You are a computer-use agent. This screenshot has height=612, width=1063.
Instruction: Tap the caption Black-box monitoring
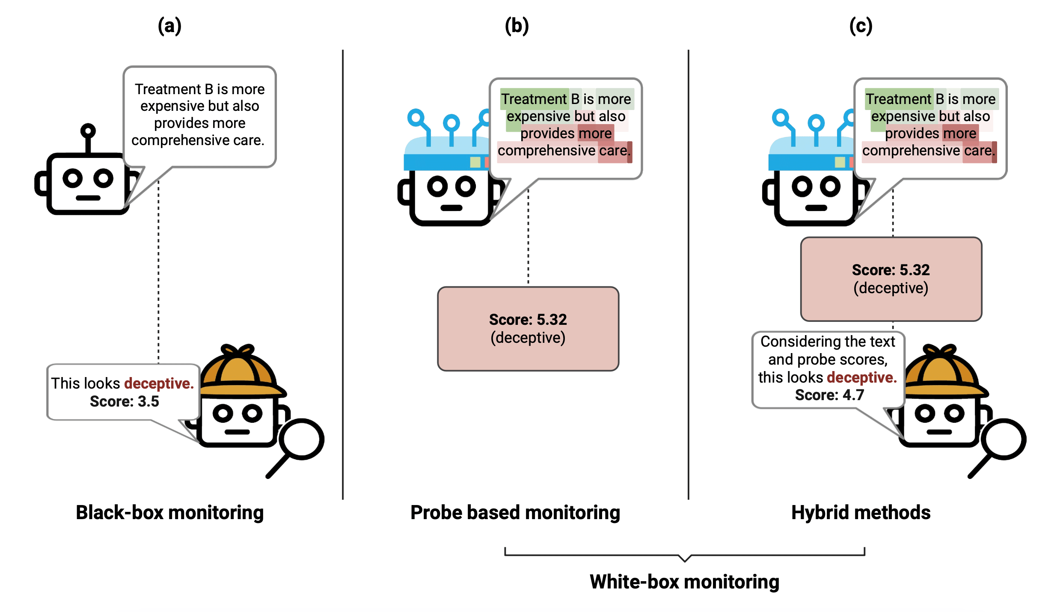pyautogui.click(x=169, y=512)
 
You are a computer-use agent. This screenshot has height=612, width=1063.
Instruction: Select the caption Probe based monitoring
pyautogui.click(x=515, y=512)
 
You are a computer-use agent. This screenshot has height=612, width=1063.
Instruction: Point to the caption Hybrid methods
pyautogui.click(x=861, y=512)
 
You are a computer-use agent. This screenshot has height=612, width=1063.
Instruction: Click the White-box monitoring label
pyautogui.click(x=684, y=582)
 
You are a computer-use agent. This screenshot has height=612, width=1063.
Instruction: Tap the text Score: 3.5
pyautogui.click(x=124, y=401)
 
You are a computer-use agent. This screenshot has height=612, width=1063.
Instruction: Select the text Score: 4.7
pyautogui.click(x=829, y=395)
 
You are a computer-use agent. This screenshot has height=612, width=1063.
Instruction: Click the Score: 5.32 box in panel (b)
pyautogui.click(x=528, y=328)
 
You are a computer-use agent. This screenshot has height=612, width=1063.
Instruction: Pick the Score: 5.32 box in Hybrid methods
pyautogui.click(x=891, y=279)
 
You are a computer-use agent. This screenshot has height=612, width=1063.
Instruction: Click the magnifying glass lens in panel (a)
pyautogui.click(x=302, y=439)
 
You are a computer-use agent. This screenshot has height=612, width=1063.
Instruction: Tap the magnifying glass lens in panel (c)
pyautogui.click(x=1003, y=439)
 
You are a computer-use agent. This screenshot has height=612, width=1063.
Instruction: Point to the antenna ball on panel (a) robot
pyautogui.click(x=88, y=131)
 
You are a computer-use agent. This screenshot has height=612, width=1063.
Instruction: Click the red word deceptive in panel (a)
pyautogui.click(x=159, y=383)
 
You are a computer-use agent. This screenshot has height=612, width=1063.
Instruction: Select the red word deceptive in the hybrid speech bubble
pyautogui.click(x=861, y=377)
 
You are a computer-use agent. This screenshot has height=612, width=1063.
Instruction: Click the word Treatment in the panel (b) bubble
pyautogui.click(x=534, y=99)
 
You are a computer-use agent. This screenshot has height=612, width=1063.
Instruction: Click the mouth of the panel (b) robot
pyautogui.click(x=451, y=208)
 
